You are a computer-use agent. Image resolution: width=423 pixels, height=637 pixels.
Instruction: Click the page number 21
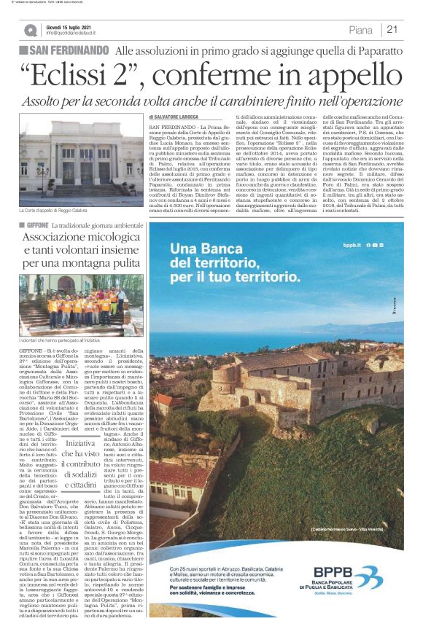(x=392, y=30)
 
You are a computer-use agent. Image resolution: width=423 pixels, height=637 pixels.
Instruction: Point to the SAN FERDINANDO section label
(x=66, y=50)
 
